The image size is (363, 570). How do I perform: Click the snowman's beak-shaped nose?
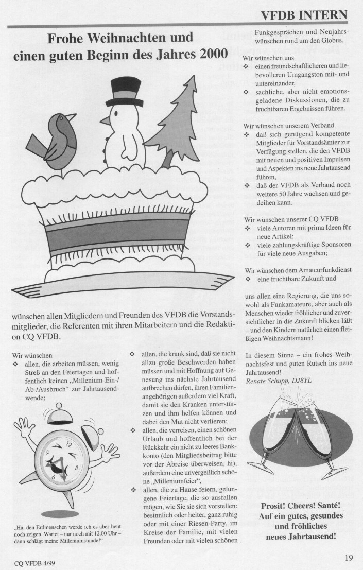[x=103, y=121]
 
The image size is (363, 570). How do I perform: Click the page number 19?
[x=349, y=557]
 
